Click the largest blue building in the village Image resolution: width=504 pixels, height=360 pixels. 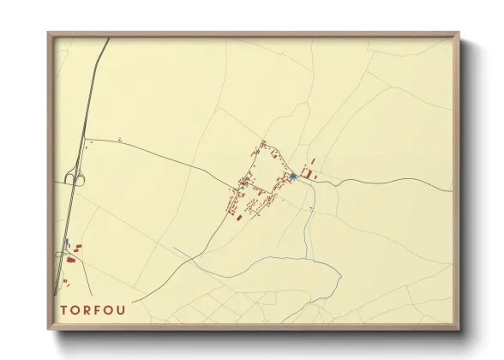pos(293,177)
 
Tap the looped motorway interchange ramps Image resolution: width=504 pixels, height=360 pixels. pos(74,177)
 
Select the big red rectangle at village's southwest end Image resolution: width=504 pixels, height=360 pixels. pos(238,216)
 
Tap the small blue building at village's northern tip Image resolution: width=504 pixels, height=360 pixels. pos(262,141)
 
